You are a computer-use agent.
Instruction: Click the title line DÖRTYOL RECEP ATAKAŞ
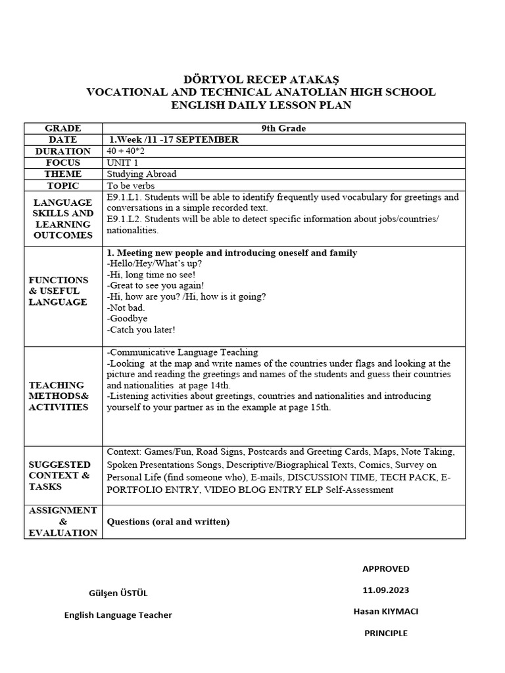point(260,80)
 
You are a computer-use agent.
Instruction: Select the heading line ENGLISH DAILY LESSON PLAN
point(260,106)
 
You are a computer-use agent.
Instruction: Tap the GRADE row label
point(63,128)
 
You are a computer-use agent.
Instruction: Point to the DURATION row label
point(63,151)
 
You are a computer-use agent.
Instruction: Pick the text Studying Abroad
point(141,174)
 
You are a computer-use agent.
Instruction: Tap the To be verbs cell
point(131,185)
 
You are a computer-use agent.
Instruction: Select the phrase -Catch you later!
point(141,330)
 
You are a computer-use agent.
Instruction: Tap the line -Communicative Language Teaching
point(182,352)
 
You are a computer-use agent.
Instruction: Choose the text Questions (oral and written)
point(168,522)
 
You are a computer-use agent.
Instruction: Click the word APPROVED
point(385,569)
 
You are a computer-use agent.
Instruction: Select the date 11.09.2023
point(385,590)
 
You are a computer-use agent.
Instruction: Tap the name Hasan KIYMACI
point(385,611)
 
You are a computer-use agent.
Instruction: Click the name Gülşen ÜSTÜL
point(118,593)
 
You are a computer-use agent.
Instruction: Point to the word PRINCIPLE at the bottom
point(386,633)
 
